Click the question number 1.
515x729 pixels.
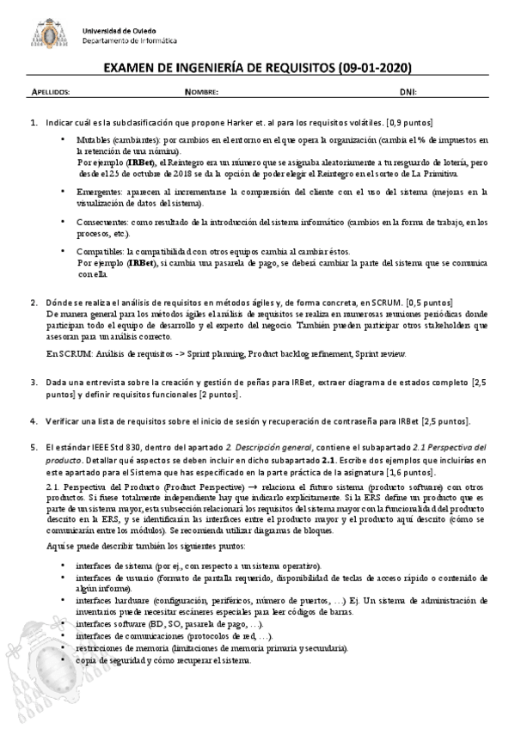(x=34, y=123)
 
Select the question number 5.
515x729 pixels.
(x=34, y=447)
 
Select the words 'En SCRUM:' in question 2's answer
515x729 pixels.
(x=65, y=353)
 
